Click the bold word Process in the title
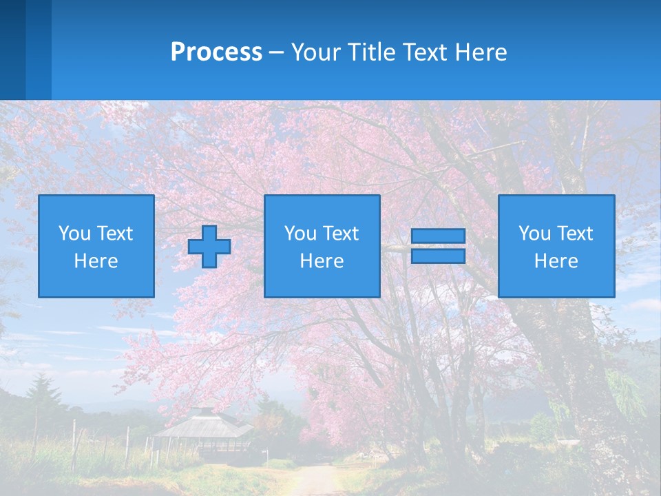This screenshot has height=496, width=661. (x=216, y=52)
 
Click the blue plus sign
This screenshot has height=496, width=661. (x=209, y=247)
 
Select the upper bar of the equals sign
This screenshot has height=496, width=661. (x=438, y=236)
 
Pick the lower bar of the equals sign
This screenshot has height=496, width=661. (x=438, y=256)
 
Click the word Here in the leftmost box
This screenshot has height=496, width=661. (x=96, y=261)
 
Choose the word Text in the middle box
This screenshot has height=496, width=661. (x=341, y=234)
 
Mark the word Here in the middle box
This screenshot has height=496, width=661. (x=322, y=261)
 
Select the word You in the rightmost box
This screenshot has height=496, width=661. (x=534, y=234)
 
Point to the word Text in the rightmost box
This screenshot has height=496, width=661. (x=575, y=234)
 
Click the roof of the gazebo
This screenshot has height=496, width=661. (x=202, y=424)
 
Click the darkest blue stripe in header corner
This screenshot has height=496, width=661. (x=12, y=50)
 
